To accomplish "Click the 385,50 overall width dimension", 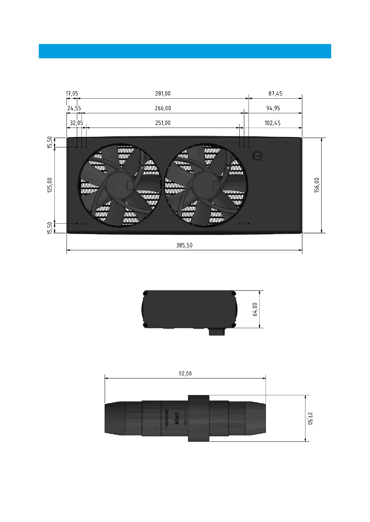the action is pyautogui.click(x=184, y=245).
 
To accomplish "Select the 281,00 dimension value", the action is pyautogui.click(x=163, y=93).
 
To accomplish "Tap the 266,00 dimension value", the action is pyautogui.click(x=163, y=108).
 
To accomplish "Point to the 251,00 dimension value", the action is pyautogui.click(x=163, y=123).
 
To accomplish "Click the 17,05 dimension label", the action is pyautogui.click(x=72, y=93).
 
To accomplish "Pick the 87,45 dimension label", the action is pyautogui.click(x=275, y=93).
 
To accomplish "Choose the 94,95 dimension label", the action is pyautogui.click(x=273, y=108).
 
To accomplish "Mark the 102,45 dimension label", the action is pyautogui.click(x=272, y=123).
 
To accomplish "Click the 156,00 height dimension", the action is pyautogui.click(x=317, y=185).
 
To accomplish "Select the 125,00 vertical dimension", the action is pyautogui.click(x=50, y=185).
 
